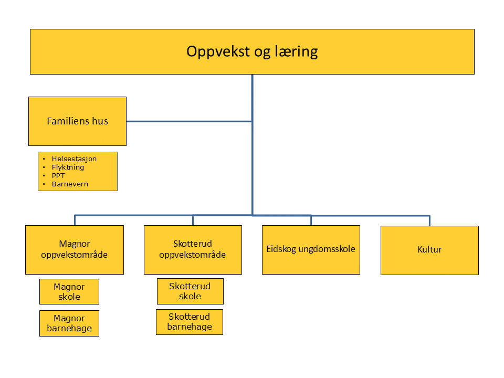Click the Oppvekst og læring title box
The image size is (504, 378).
252,52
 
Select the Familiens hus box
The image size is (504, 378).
78,121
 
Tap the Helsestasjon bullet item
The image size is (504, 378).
74,159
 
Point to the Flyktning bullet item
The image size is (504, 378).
68,167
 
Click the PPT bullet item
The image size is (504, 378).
58,175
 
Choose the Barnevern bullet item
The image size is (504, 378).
70,184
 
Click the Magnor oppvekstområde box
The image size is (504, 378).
75,250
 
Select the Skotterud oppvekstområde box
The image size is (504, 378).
193,250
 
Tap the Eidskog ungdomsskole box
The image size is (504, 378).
311,250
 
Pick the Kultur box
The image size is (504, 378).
429,250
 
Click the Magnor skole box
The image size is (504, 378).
69,291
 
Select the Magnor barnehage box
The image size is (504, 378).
69,323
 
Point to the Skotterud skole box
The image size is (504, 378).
190,291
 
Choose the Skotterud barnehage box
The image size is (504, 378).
190,322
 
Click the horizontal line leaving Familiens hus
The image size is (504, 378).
189,121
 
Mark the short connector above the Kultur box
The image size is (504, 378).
429,220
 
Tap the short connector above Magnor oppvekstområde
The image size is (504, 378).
75,220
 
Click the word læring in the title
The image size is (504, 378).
296,52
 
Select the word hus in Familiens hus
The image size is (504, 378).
100,121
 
